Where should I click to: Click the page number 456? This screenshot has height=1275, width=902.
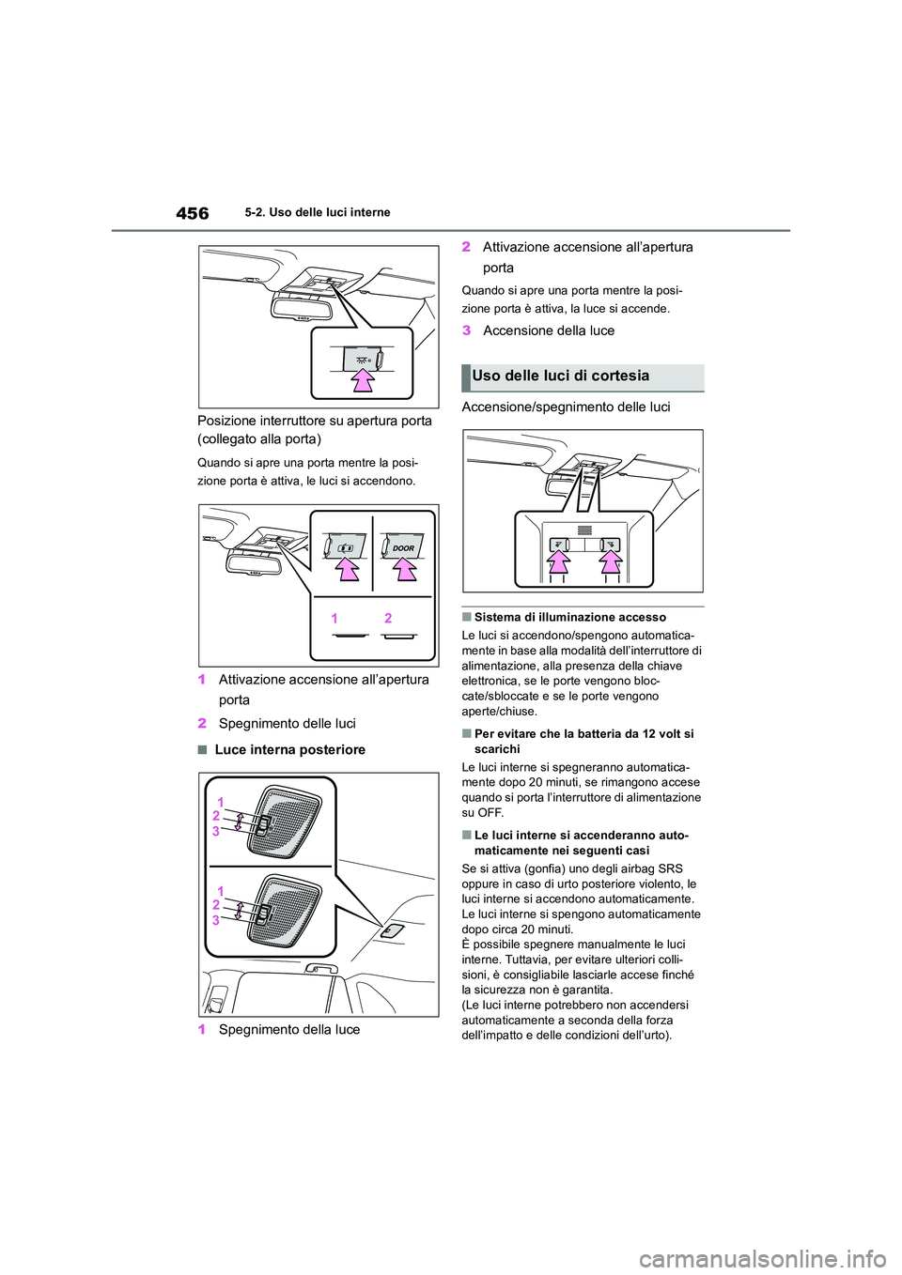[x=193, y=213]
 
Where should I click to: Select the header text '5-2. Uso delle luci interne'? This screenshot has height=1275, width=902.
[x=318, y=212]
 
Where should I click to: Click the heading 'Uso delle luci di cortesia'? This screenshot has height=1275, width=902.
[x=561, y=376]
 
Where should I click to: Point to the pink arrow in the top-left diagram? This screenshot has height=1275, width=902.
[x=363, y=378]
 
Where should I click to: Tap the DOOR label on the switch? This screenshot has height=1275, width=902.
[x=403, y=548]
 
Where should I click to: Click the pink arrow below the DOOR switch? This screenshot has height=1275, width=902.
[x=405, y=569]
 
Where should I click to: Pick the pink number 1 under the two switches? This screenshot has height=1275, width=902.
[x=334, y=619]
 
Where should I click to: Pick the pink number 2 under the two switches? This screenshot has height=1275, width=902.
[x=388, y=619]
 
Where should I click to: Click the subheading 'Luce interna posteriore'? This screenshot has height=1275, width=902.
[x=289, y=749]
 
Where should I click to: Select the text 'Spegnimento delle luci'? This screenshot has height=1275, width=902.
[x=287, y=723]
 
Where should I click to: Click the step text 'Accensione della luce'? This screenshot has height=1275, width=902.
[x=549, y=330]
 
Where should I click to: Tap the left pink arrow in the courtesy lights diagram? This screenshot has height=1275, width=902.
[x=559, y=561]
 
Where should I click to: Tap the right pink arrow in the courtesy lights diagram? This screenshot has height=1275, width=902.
[x=611, y=561]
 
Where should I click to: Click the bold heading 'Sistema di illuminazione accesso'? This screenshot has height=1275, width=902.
[x=569, y=617]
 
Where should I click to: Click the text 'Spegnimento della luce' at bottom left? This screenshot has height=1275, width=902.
[x=288, y=1029]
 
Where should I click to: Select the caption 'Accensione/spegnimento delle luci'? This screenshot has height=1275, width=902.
[x=566, y=407]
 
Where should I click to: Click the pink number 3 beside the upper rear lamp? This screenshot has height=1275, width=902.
[x=216, y=831]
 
